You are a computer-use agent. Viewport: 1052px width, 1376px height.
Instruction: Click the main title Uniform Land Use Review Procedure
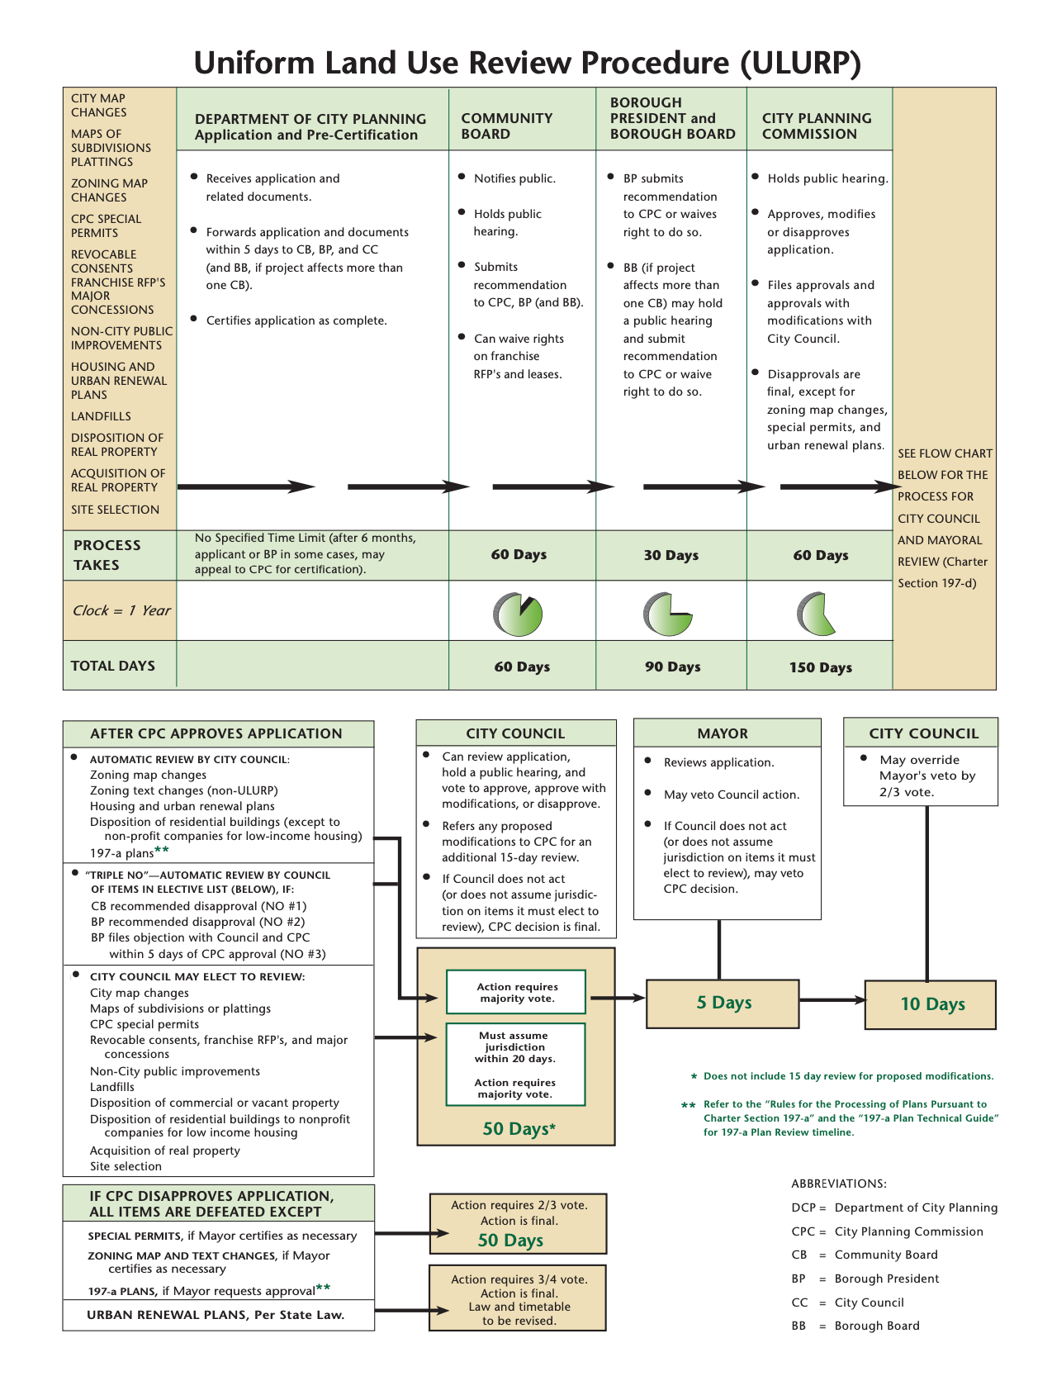point(527,64)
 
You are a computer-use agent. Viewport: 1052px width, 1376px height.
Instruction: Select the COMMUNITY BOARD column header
point(506,126)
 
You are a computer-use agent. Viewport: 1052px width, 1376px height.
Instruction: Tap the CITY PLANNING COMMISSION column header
point(816,126)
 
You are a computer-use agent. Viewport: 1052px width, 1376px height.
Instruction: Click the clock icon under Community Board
point(518,614)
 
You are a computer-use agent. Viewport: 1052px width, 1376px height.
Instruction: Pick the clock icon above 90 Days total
point(666,614)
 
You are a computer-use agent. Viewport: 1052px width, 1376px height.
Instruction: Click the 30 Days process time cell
point(671,555)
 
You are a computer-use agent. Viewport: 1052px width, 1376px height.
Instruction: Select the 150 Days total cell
point(820,667)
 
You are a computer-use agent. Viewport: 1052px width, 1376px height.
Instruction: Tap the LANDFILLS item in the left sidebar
point(101,416)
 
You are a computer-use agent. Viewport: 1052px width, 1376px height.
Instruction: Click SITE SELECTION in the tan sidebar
point(115,510)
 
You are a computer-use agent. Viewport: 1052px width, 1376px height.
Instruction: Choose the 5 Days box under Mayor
point(723,1004)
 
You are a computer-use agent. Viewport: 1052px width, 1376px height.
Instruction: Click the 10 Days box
point(931,1004)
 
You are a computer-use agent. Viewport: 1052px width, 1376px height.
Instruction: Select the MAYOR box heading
point(723,733)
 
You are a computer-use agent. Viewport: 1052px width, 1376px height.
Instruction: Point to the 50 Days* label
point(519,1129)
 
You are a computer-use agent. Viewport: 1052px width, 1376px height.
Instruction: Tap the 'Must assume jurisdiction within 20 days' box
point(515,1065)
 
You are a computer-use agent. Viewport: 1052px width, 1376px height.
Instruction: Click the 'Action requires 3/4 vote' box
point(518,1298)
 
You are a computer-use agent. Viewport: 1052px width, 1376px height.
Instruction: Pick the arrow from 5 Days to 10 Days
point(832,1000)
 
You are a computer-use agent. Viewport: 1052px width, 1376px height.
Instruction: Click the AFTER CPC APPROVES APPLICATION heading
point(216,733)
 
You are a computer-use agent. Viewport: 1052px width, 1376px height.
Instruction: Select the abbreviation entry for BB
point(855,1326)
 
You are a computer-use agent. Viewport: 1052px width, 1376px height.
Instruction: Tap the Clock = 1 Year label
point(121,610)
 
